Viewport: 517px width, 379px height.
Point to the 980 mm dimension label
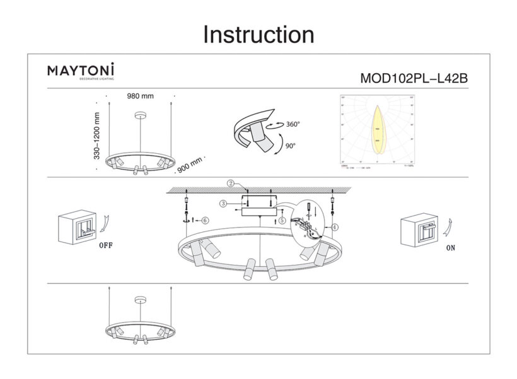[141, 96]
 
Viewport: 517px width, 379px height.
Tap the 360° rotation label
[292, 124]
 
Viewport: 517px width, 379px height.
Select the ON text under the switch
[450, 248]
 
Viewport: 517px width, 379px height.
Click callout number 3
[223, 203]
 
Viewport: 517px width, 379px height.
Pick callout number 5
[282, 220]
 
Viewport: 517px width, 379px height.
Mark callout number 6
[206, 221]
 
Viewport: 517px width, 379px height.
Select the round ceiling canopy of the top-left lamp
[141, 115]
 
